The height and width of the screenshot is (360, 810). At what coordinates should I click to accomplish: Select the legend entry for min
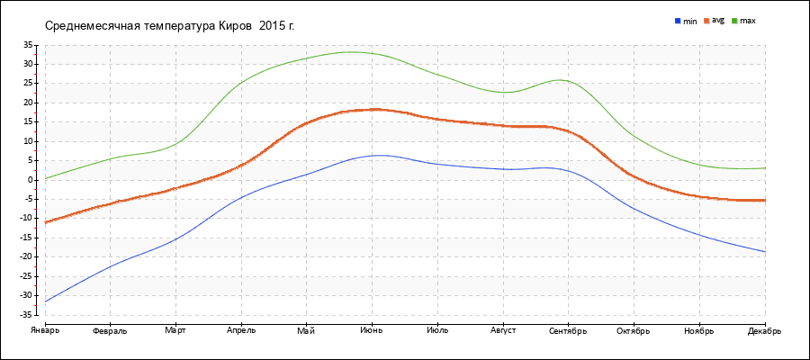(x=686, y=20)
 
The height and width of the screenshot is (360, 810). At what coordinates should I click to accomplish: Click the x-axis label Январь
(x=44, y=330)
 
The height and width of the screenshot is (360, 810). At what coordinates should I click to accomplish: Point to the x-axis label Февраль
(x=110, y=330)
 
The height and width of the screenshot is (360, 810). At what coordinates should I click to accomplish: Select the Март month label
(x=175, y=330)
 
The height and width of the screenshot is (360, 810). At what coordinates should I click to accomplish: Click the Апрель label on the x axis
(x=241, y=330)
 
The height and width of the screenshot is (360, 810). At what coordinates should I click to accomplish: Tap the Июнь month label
(x=372, y=330)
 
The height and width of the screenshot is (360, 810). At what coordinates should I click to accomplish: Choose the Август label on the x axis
(x=502, y=330)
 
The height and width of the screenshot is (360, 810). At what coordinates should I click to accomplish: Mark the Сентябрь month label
(x=568, y=330)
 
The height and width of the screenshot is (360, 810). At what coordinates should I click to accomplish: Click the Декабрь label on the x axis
(x=764, y=330)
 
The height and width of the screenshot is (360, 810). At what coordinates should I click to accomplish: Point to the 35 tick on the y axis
(x=27, y=44)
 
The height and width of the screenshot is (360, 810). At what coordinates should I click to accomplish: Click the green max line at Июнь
(x=372, y=53)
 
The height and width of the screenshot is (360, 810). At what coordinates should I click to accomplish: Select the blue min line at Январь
(x=46, y=300)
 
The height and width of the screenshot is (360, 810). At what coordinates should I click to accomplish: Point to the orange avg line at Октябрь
(x=634, y=176)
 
